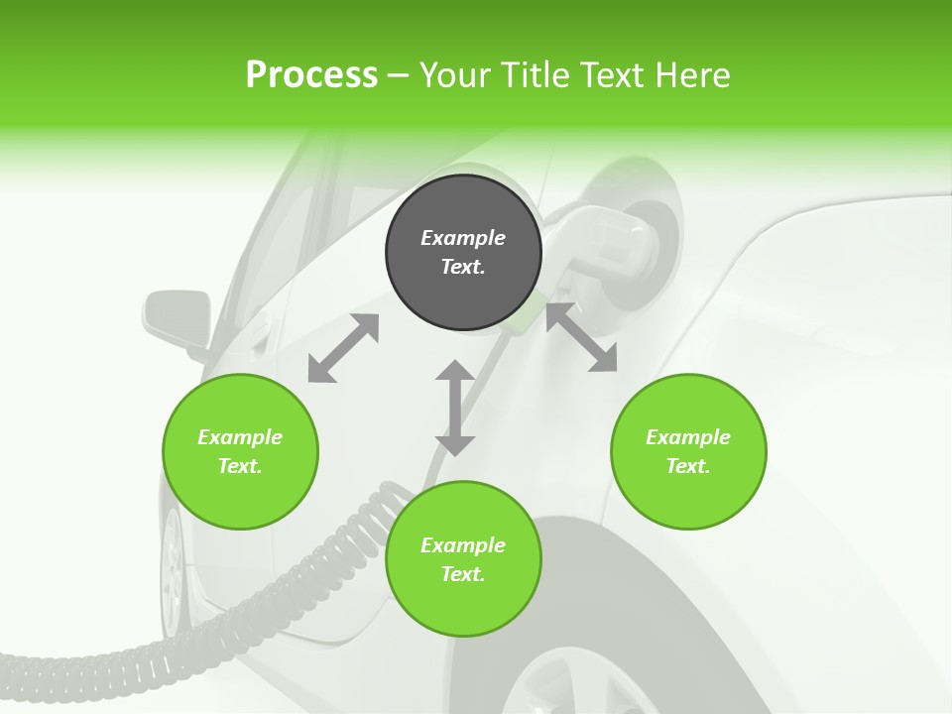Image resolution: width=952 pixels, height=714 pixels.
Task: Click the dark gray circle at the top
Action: click(x=463, y=252)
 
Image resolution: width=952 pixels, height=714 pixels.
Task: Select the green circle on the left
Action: click(x=240, y=451)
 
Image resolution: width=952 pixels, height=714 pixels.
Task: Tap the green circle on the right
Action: click(x=688, y=451)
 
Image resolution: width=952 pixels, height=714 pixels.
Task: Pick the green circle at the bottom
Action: click(x=463, y=559)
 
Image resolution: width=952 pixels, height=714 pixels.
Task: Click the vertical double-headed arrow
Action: click(x=455, y=408)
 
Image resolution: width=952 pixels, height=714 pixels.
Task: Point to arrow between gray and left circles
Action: click(x=343, y=348)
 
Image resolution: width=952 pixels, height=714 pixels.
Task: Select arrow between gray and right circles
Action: click(x=582, y=338)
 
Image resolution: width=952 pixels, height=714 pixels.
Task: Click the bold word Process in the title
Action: click(x=311, y=74)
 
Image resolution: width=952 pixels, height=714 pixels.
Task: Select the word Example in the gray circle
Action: click(x=463, y=238)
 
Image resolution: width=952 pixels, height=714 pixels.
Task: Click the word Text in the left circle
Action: click(x=240, y=466)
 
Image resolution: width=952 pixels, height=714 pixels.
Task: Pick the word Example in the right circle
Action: click(x=688, y=437)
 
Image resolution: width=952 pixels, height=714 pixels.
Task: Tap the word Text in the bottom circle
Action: click(x=463, y=574)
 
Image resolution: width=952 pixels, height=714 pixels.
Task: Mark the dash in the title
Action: click(x=399, y=75)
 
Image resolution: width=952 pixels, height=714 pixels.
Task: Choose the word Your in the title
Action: click(x=453, y=74)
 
